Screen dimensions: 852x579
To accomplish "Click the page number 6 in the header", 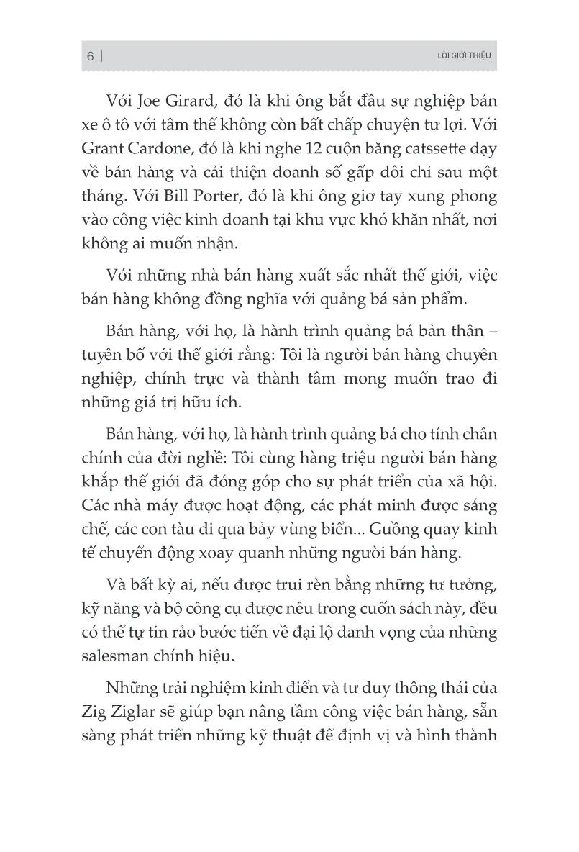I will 91,56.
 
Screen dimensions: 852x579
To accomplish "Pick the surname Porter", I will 206,196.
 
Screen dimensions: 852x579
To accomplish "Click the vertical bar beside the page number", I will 103,56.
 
